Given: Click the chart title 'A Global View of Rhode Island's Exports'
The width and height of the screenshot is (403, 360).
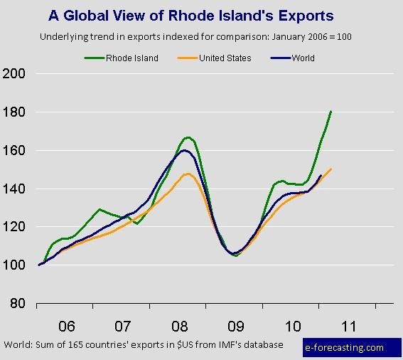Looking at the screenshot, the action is pos(191,16).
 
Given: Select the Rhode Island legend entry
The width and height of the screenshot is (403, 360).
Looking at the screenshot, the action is pos(122,58).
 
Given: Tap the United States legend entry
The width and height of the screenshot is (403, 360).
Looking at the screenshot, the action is pos(215,58).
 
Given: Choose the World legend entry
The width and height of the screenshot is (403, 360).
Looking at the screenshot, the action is pos(293,58).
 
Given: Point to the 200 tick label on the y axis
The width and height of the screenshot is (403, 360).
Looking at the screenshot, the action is pos(14,74).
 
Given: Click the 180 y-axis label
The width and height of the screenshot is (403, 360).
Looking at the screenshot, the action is pos(14,112).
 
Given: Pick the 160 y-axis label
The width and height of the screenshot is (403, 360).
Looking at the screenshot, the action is pos(14,151).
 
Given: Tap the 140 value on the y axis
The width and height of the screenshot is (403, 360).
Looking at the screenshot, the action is pos(14,189).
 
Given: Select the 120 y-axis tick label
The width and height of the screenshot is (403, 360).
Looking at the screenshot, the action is pos(14,227).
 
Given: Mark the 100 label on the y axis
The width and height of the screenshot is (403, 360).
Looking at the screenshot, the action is pos(14,265).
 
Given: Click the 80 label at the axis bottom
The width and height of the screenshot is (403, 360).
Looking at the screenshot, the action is pos(18,303).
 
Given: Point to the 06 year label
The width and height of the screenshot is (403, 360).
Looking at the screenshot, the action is pos(67,327).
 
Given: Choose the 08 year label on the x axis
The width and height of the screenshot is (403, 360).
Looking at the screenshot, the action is pos(179,327).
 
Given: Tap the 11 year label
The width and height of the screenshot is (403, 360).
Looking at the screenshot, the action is pos(349,327).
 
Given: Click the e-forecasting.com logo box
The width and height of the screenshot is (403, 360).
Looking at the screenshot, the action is pos(352,347).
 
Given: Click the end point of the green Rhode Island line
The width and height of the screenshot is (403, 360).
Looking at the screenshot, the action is pos(331,112).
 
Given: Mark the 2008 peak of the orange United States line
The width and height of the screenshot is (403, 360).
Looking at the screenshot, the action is pos(188,174).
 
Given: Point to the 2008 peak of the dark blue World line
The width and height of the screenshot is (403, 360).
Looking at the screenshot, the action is pos(184,150).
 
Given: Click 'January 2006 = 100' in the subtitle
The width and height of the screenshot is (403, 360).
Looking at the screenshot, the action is pos(311,37).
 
